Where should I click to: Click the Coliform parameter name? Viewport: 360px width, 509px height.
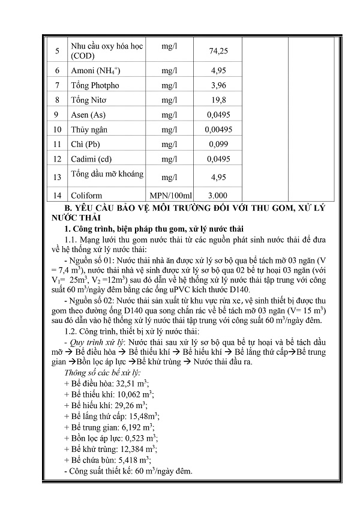pyautogui.click(x=86, y=196)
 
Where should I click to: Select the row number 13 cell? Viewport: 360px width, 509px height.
pyautogui.click(x=56, y=177)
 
